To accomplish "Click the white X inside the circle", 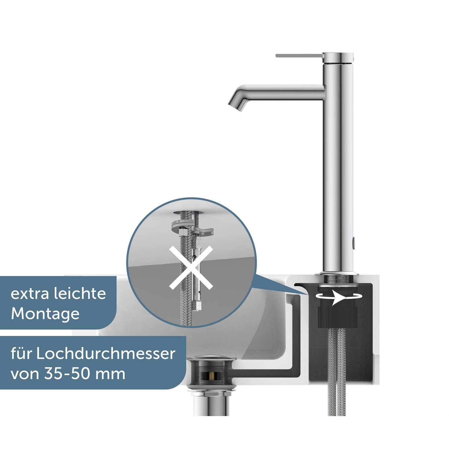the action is (x=191, y=268).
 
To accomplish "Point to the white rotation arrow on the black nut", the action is (x=339, y=297).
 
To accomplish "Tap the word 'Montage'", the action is (x=45, y=314).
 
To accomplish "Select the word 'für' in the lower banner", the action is (x=21, y=354).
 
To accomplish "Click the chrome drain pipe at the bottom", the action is (x=211, y=404).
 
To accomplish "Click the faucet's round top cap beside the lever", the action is (x=338, y=58).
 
